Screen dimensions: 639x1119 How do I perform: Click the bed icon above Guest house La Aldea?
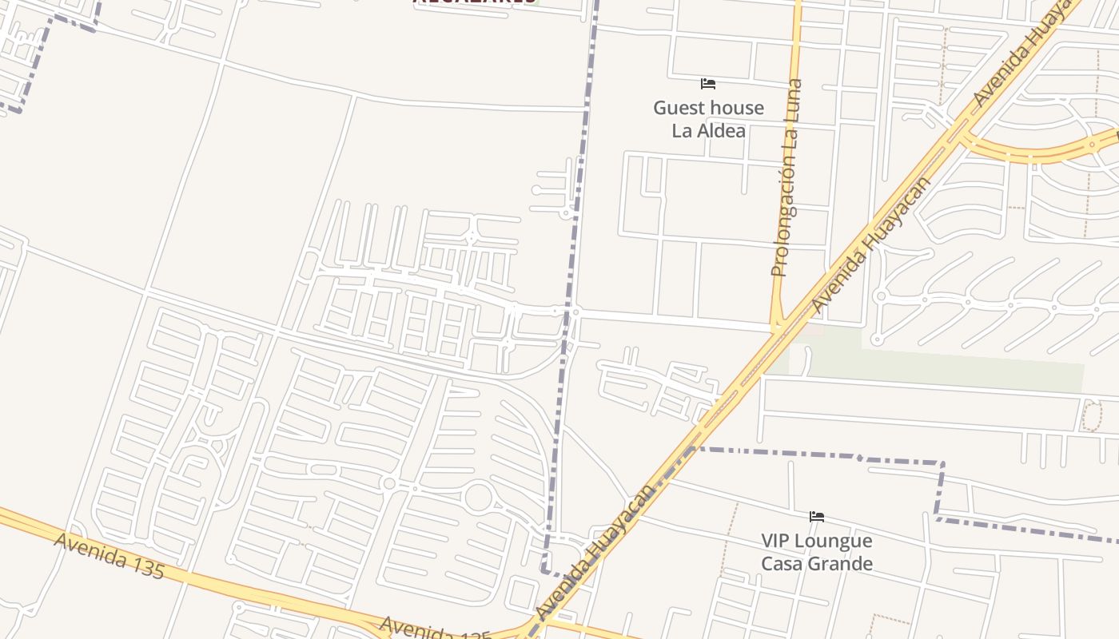point(707,84)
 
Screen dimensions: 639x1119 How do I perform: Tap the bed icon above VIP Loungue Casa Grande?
point(816,517)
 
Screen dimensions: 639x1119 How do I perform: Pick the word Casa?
point(783,564)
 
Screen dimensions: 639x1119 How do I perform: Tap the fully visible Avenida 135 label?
point(110,555)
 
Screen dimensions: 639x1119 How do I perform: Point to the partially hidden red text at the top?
point(475,2)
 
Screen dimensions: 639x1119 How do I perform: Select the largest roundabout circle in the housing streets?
point(478,497)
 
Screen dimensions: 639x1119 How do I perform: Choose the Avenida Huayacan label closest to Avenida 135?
point(596,551)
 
